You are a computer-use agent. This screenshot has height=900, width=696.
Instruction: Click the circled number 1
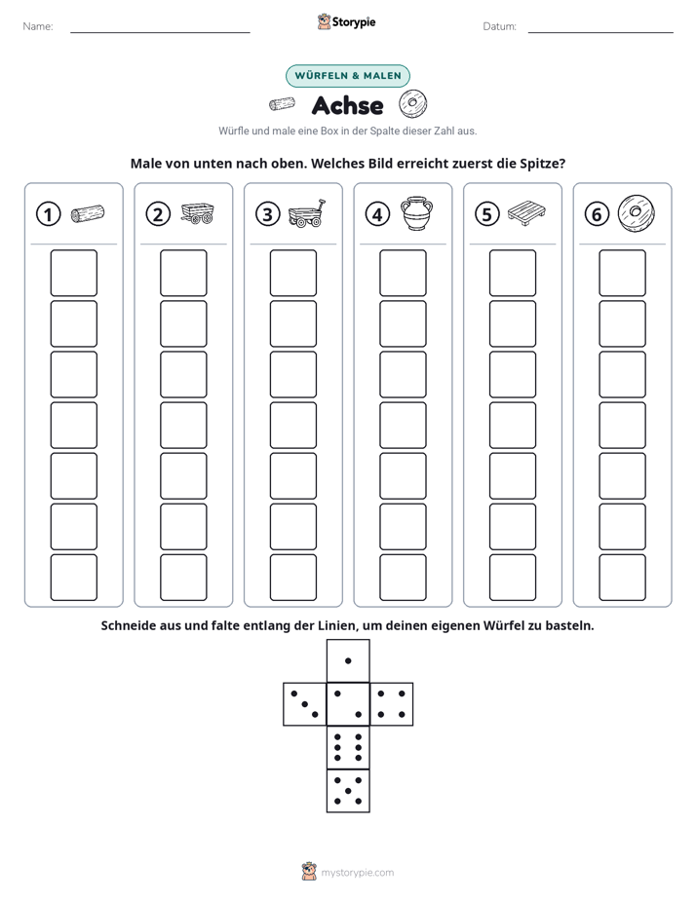click(x=48, y=214)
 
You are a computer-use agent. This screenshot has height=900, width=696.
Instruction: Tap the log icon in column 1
click(x=88, y=213)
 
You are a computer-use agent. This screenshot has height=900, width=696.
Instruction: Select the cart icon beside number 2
click(x=198, y=213)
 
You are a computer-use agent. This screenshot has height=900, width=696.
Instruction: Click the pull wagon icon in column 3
click(x=307, y=213)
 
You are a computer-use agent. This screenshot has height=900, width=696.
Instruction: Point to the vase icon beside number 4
click(x=417, y=213)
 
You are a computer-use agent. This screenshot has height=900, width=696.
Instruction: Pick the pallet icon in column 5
click(x=526, y=213)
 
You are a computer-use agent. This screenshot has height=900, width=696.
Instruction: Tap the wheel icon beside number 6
click(x=637, y=213)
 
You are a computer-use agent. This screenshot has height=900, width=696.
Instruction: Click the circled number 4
click(x=377, y=214)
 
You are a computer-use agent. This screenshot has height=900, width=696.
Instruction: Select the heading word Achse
click(x=347, y=105)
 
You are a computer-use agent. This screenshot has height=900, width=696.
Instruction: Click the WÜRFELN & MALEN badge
click(x=348, y=76)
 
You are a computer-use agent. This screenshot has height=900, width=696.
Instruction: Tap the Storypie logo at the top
click(x=347, y=21)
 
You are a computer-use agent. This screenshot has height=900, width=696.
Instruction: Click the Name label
click(x=38, y=26)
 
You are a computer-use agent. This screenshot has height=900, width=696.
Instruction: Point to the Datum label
click(x=500, y=26)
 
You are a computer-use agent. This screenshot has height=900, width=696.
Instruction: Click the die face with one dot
click(x=348, y=661)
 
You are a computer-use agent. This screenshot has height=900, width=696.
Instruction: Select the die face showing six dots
click(x=348, y=747)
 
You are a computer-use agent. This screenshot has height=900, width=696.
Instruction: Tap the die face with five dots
click(x=348, y=791)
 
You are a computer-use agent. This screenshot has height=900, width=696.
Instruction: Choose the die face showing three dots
click(x=305, y=704)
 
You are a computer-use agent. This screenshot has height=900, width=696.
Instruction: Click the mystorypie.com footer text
click(x=357, y=873)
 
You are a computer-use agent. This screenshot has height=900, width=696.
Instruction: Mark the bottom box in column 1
click(x=73, y=578)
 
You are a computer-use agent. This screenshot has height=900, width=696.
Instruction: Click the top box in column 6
click(x=623, y=273)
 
